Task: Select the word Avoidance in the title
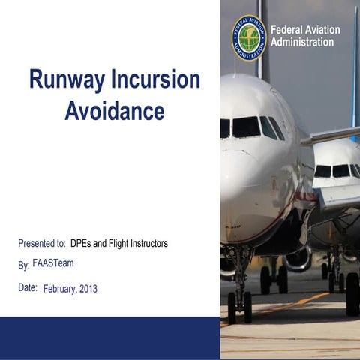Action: tap(115, 111)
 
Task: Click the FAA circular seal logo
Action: tap(250, 37)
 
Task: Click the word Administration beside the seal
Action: tap(302, 43)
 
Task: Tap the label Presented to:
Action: tap(42, 244)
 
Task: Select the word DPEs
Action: tap(82, 244)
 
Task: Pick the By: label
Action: tap(24, 265)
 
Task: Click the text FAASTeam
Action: tap(53, 263)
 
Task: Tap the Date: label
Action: tap(28, 287)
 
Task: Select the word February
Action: tap(60, 289)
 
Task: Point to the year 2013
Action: tap(88, 289)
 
